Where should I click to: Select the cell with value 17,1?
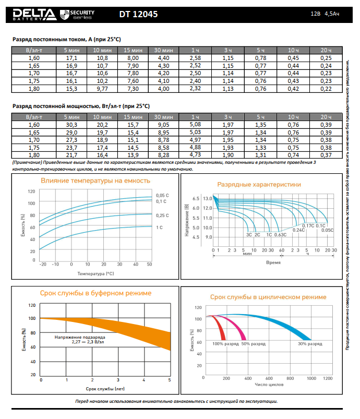click(x=71, y=57)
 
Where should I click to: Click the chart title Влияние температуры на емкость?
click(x=95, y=181)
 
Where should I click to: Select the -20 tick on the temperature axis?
click(x=43, y=265)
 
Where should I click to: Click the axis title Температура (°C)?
click(x=95, y=273)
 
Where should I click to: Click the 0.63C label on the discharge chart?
click(x=281, y=235)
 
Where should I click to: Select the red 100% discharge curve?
click(x=220, y=329)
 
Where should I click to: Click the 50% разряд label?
click(x=253, y=344)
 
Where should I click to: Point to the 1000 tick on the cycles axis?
click(x=312, y=378)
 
